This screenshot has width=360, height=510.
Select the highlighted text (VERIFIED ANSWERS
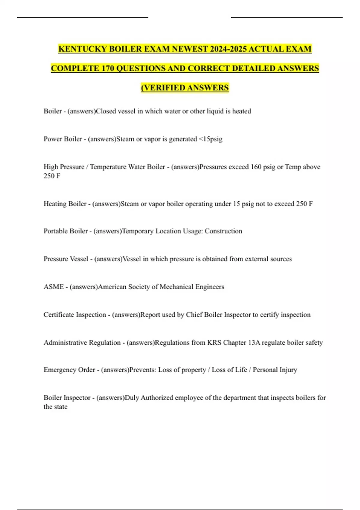(x=185, y=88)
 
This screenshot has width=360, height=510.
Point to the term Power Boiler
(x=63, y=139)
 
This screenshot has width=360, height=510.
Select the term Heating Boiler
(x=65, y=204)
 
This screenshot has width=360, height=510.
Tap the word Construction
(x=223, y=231)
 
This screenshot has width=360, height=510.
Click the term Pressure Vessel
(x=66, y=259)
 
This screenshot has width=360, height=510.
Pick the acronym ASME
(x=54, y=287)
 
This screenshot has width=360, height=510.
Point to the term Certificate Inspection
(x=75, y=315)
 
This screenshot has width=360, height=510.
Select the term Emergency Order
(x=69, y=370)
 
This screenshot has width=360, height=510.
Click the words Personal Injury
(x=275, y=370)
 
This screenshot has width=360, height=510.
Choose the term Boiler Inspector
(x=67, y=397)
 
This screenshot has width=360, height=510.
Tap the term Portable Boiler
(x=65, y=231)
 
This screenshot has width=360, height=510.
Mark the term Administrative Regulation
(x=82, y=342)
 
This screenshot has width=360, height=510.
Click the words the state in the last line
(x=55, y=407)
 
